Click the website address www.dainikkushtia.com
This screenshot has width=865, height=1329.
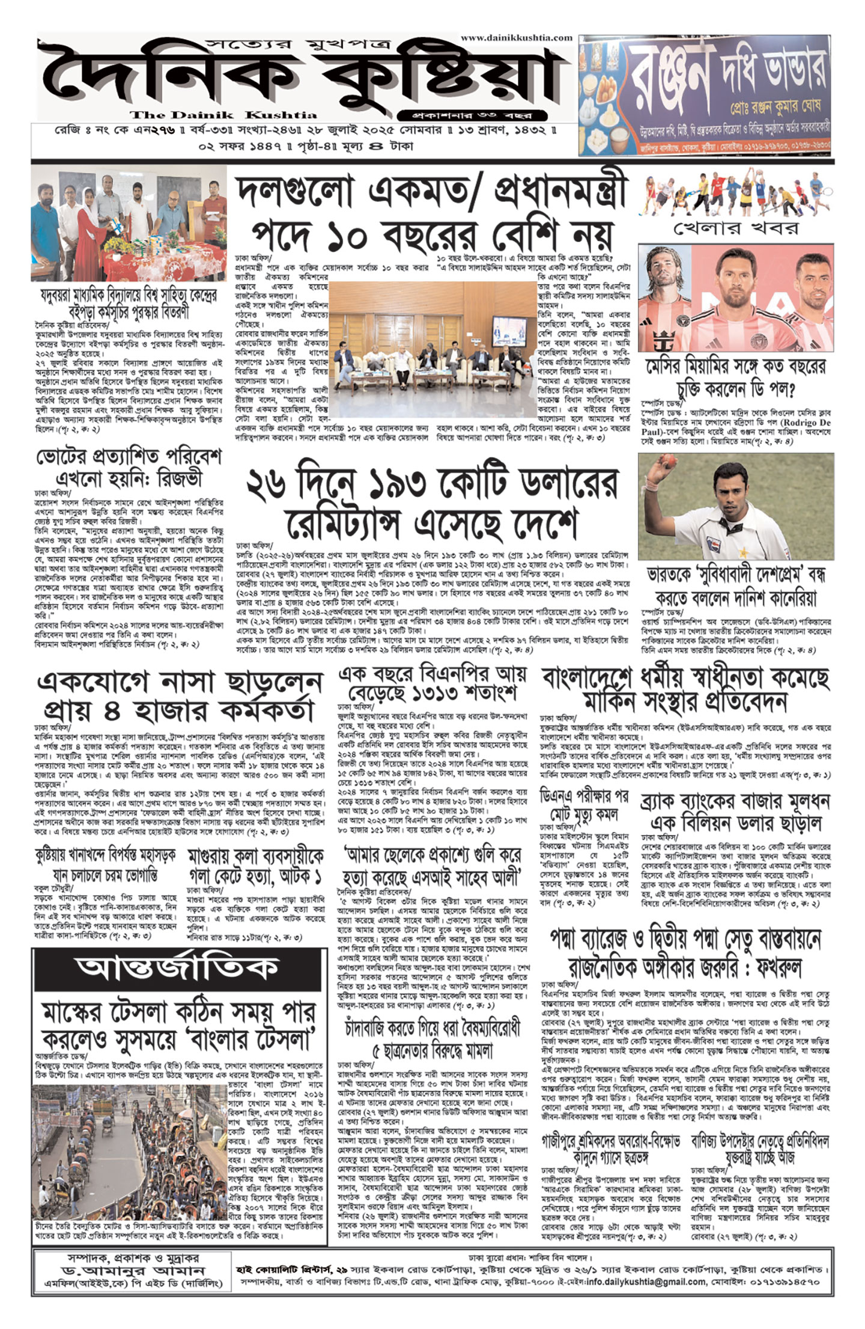(517, 37)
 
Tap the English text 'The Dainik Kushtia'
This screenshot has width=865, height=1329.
(223, 115)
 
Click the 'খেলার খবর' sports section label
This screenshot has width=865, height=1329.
(736, 228)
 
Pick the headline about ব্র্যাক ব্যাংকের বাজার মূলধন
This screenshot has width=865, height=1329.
(736, 811)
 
